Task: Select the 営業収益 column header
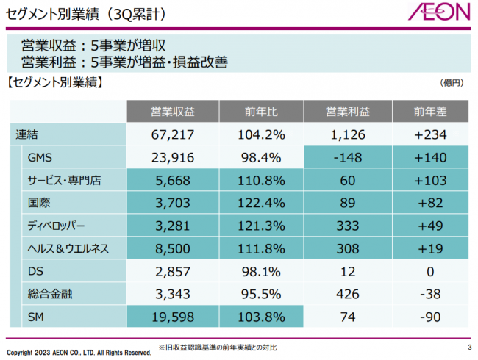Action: pos(171,112)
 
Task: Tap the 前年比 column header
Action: pos(260,112)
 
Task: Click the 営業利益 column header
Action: pos(347,112)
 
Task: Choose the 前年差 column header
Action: pos(430,112)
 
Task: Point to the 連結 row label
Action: pos(28,134)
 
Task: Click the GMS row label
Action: pos(38,157)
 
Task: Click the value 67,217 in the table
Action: pos(171,134)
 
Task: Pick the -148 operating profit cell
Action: pos(347,157)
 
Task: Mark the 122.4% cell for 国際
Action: pos(260,203)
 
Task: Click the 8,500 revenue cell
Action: pos(171,248)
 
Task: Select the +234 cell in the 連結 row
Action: pos(430,134)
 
